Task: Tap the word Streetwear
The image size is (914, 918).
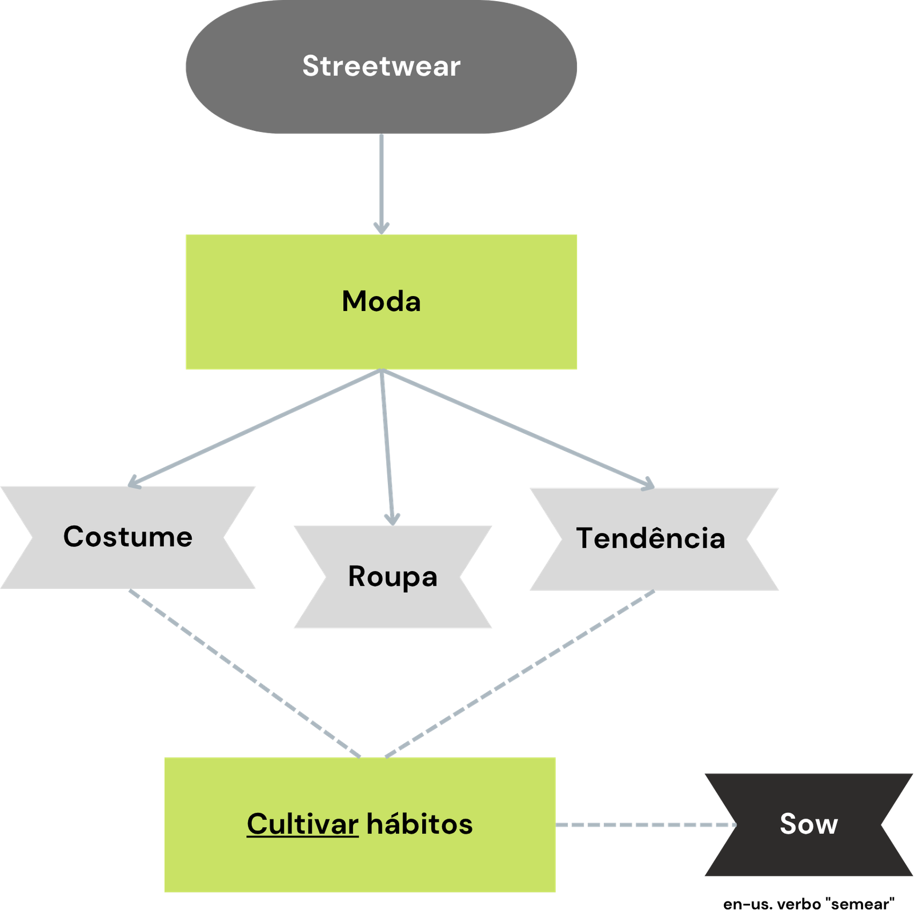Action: [381, 66]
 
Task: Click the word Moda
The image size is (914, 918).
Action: [381, 301]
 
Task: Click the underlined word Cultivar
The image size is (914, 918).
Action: [302, 824]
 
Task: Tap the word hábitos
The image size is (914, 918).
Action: [419, 824]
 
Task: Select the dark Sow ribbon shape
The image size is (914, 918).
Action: [743, 857]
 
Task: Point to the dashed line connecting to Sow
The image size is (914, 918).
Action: [646, 825]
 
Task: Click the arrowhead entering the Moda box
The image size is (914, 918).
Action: [381, 228]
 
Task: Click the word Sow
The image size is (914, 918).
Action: [808, 824]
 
